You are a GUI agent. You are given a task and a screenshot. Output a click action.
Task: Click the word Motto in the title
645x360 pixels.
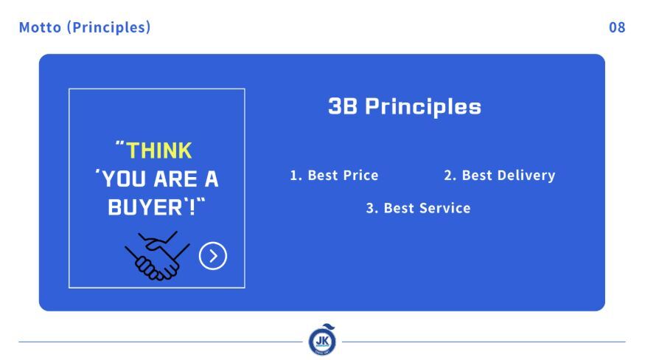[x=40, y=27]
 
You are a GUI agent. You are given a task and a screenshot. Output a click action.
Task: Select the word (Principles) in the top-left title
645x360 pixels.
[x=109, y=27]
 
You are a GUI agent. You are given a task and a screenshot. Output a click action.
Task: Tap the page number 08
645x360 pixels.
[x=617, y=27]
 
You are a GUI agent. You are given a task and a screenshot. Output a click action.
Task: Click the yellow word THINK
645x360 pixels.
[x=158, y=150]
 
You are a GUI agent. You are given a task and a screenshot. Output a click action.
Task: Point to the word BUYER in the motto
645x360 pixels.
[x=145, y=207]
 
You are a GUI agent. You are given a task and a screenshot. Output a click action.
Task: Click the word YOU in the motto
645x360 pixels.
[x=123, y=179]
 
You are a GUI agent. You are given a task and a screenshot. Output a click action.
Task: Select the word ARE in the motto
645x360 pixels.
[x=175, y=179]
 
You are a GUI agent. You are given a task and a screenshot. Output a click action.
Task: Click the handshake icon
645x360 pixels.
[x=157, y=256]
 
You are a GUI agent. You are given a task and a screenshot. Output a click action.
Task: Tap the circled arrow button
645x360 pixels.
[x=213, y=256]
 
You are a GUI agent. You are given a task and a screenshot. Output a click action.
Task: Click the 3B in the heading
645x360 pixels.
[x=343, y=106]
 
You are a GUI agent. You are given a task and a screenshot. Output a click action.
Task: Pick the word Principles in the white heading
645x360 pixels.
[x=423, y=107]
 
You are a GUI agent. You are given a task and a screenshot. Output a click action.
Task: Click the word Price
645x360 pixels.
[x=360, y=176]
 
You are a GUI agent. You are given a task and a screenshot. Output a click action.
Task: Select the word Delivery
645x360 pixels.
[x=526, y=176]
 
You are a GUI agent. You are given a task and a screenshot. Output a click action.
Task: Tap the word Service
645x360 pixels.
[x=444, y=209]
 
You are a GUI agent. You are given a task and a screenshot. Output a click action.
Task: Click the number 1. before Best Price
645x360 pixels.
[x=296, y=176]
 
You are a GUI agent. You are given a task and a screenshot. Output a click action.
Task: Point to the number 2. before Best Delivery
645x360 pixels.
[x=450, y=176]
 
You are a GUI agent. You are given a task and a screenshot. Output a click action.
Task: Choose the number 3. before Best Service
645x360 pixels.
[x=372, y=209]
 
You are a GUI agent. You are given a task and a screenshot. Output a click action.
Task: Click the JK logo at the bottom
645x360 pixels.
[x=323, y=340]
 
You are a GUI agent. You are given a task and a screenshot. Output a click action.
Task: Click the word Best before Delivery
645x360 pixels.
[x=477, y=176]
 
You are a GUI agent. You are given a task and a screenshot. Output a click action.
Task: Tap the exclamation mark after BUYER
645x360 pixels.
[x=192, y=207]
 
